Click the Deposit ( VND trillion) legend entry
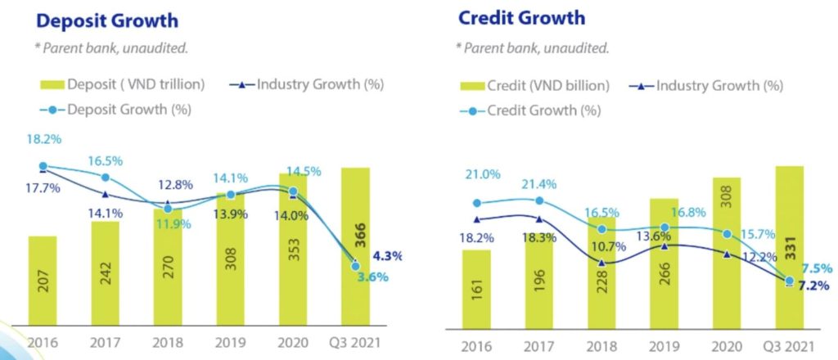(x=131, y=84)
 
